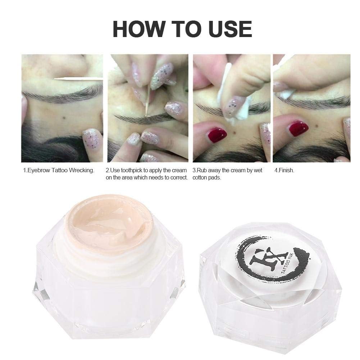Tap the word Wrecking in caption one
coord(82,170)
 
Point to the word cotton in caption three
coord(200,178)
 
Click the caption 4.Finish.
coord(284,170)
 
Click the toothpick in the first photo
coord(78,79)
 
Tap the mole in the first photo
coord(64,118)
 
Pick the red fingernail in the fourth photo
coord(299,129)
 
